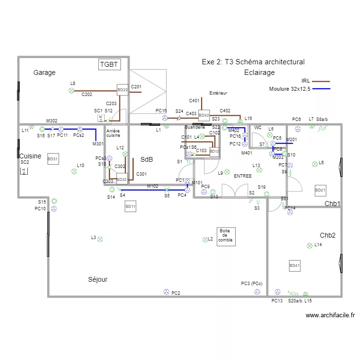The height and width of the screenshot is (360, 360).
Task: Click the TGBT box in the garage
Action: (x=108, y=64)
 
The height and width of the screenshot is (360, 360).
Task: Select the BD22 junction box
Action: (x=123, y=90)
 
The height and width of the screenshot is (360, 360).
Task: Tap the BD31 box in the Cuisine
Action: (x=53, y=160)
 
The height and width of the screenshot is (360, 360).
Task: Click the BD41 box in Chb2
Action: (x=294, y=265)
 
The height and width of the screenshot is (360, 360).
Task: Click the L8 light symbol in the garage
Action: (x=72, y=90)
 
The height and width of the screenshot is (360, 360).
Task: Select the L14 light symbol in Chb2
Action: (x=309, y=245)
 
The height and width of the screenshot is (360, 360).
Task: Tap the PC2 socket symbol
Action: (x=167, y=292)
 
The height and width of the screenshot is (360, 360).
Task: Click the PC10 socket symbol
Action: (x=54, y=209)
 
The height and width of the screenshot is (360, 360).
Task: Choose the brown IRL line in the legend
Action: (x=321, y=81)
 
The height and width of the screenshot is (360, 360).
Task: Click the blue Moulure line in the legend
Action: (x=321, y=89)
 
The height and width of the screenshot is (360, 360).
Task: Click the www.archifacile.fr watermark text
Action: (x=330, y=315)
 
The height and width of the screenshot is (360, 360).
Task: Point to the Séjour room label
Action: (x=97, y=279)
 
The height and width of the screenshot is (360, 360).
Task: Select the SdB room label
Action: (x=146, y=159)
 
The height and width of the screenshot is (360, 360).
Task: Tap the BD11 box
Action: (x=130, y=207)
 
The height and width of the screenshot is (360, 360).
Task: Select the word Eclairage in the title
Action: (x=259, y=72)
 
